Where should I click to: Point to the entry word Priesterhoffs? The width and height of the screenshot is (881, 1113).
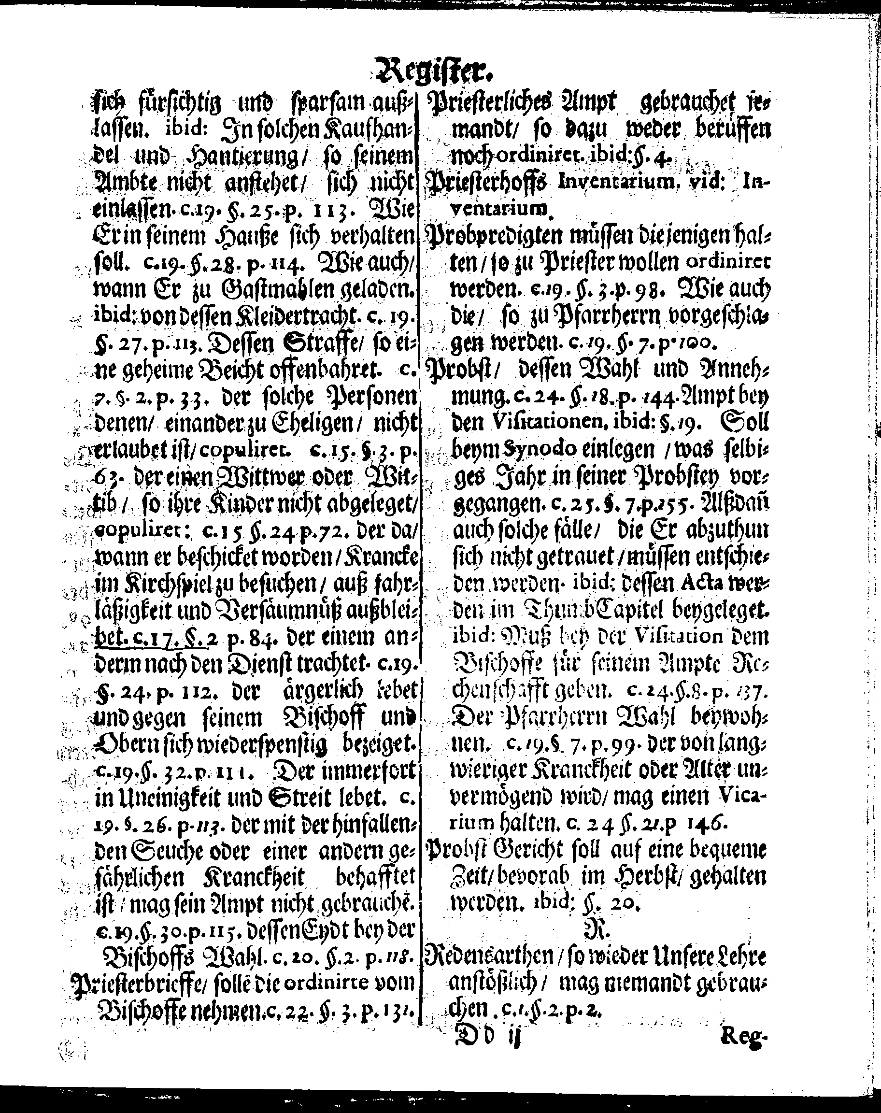(488, 182)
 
